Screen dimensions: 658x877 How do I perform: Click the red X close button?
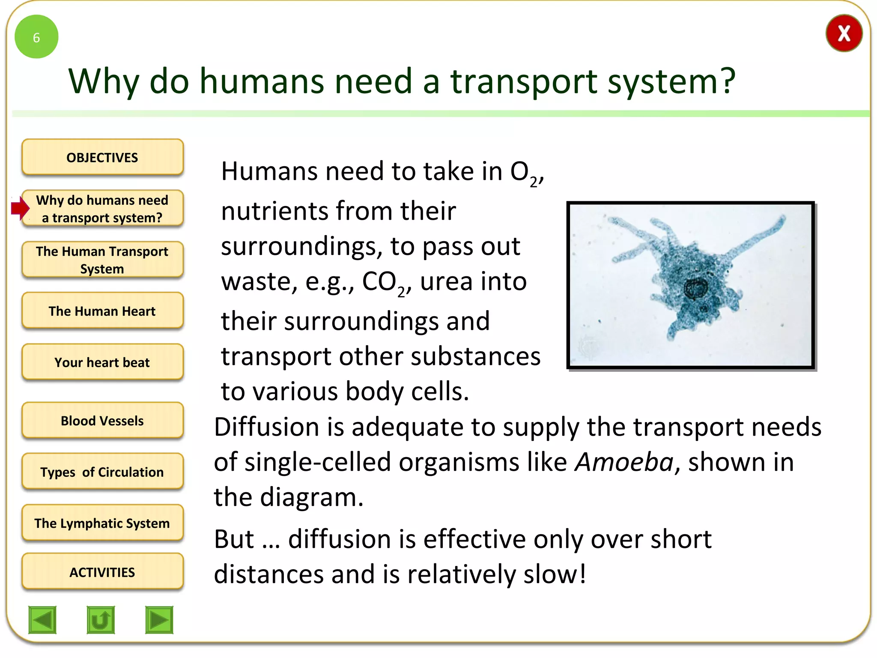pos(844,33)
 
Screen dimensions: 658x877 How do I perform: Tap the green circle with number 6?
pos(36,37)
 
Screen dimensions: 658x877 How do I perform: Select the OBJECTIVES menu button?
pos(102,157)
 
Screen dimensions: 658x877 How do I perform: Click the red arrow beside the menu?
pos(20,208)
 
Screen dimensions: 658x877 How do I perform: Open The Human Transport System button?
pos(102,260)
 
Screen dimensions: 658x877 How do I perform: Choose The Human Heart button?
pos(102,311)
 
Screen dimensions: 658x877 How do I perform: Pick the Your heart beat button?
pos(102,362)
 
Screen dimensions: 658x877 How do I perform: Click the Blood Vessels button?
pos(102,420)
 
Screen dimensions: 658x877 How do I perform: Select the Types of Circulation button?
pos(102,472)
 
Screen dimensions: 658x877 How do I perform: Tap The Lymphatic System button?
pos(102,523)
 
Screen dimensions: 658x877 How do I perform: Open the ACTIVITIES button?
pos(102,572)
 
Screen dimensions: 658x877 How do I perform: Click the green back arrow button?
pos(42,619)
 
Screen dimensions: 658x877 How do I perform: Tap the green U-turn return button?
pos(101,619)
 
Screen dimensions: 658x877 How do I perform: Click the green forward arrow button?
pos(159,619)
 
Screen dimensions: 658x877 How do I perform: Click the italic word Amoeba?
pos(624,462)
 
